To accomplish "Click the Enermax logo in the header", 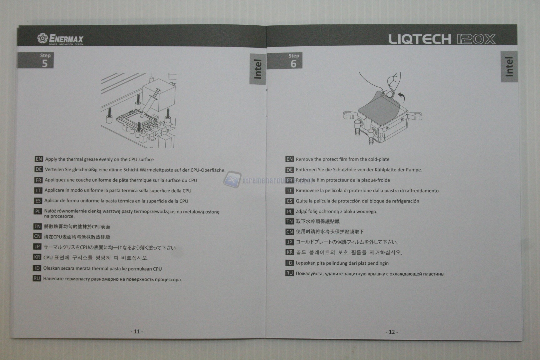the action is (60, 39).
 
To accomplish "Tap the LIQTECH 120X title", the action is (442, 39).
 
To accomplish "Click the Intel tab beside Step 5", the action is (257, 69).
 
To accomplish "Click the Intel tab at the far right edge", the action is (509, 67).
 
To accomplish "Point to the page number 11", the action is (137, 332).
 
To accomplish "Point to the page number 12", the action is (392, 332).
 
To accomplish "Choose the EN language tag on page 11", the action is (39, 159).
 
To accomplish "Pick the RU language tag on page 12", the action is (289, 273).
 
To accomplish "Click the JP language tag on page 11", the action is (37, 247).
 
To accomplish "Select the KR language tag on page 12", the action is (289, 252).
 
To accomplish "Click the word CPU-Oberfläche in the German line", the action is (208, 170).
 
